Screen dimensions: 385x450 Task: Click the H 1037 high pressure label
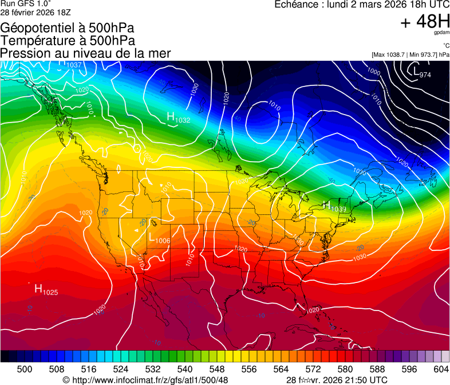point(70,64)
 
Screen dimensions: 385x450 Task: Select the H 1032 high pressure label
point(178,117)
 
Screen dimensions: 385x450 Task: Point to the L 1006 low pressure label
point(159,238)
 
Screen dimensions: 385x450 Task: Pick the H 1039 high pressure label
point(334,206)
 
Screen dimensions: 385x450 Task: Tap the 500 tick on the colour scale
point(25,369)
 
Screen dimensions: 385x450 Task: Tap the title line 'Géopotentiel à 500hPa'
point(68,28)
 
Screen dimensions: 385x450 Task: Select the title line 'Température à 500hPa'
point(68,41)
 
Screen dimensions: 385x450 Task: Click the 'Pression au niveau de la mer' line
point(85,53)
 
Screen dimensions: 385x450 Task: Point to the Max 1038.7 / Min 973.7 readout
point(410,54)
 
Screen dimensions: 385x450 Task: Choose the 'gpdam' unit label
point(441,33)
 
